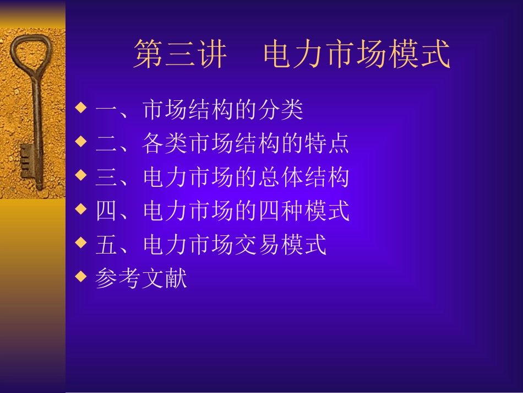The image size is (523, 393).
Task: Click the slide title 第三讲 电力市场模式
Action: [x=292, y=54]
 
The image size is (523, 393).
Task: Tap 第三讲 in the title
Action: [x=180, y=54]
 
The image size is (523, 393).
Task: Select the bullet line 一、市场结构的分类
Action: [x=199, y=110]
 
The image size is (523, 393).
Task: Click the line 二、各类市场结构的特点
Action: [x=222, y=144]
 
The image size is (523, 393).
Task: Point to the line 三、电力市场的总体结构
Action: [x=222, y=177]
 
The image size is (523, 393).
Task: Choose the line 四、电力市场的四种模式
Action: [x=222, y=211]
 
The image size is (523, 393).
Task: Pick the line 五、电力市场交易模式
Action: [x=211, y=245]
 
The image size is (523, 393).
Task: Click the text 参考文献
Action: [x=141, y=278]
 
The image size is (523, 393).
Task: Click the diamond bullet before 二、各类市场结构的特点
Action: [x=81, y=141]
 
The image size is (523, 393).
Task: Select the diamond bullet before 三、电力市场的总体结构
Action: [x=81, y=175]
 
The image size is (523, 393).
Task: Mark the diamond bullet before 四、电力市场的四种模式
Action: [x=81, y=208]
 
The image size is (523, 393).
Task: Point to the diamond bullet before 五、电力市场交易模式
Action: [x=81, y=242]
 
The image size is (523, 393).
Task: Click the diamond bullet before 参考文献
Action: [x=81, y=276]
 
